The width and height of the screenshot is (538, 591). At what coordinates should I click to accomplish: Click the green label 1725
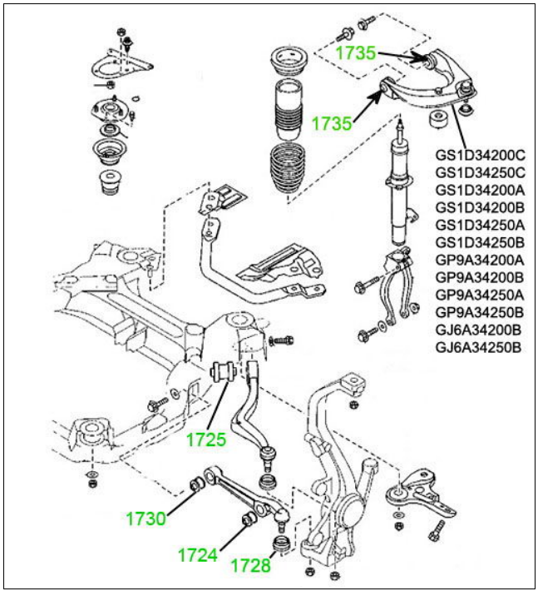[x=206, y=440]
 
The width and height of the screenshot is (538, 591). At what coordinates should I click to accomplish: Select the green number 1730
[x=146, y=519]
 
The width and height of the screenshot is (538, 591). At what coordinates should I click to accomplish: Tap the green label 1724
[x=198, y=555]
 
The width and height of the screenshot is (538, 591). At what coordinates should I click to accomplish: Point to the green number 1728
[x=251, y=565]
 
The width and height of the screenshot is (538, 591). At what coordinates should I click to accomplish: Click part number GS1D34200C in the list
[x=480, y=156]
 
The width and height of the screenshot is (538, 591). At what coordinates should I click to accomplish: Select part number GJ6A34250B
[x=478, y=347]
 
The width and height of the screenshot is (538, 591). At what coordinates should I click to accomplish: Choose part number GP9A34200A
[x=480, y=260]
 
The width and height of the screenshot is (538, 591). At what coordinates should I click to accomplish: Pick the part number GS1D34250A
[x=480, y=225]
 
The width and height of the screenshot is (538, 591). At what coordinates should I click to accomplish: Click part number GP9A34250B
[x=480, y=312]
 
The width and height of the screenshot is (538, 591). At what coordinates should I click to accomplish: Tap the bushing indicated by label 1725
[x=223, y=371]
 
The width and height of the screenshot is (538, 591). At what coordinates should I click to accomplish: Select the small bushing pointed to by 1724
[x=249, y=519]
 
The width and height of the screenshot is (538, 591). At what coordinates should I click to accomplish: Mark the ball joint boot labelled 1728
[x=281, y=544]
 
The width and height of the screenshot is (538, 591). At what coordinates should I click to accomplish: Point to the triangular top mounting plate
[x=121, y=66]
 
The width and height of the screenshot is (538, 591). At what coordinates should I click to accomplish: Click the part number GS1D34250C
[x=480, y=172]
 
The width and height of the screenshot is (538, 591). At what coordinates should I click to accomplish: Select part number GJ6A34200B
[x=478, y=330]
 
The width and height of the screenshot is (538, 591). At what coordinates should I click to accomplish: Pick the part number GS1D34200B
[x=480, y=207]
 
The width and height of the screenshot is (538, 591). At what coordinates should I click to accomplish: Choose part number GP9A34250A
[x=480, y=295]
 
